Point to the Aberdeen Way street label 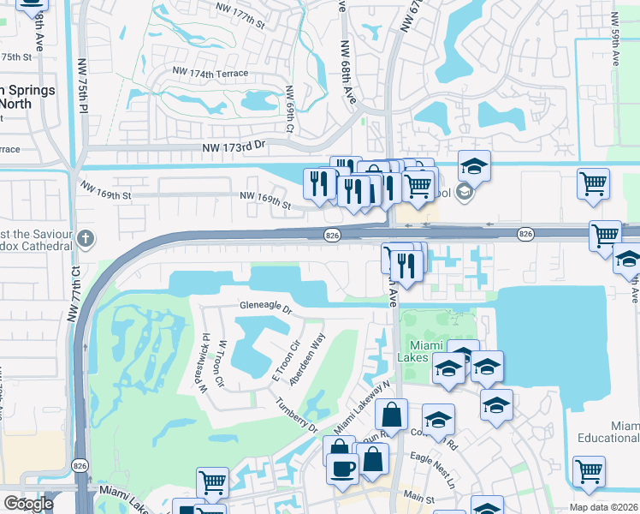click(x=308, y=359)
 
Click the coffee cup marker click(x=342, y=469)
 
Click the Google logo click(x=29, y=504)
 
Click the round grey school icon click(x=465, y=191)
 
